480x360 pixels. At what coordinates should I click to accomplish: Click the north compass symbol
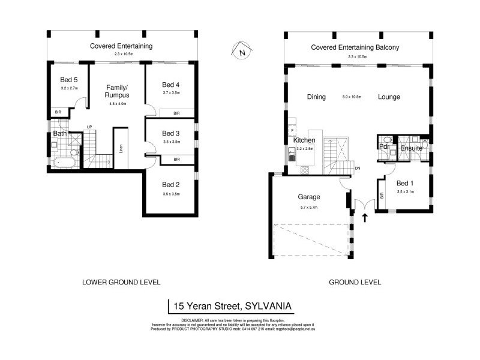point(241,52)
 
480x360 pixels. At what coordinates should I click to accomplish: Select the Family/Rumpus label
point(116,91)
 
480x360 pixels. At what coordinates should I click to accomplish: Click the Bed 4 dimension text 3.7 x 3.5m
point(171,94)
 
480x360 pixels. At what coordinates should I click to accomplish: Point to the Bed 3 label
point(171,133)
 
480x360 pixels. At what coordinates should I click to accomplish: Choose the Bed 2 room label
point(171,185)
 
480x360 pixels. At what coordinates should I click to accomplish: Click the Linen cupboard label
point(121,148)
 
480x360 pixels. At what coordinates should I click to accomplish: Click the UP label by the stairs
point(89,127)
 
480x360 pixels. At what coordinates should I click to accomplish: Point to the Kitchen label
point(304,140)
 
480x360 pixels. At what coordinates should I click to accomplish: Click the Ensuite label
point(411,148)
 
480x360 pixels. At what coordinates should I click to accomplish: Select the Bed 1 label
point(405,183)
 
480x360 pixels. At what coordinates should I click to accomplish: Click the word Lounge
point(389,97)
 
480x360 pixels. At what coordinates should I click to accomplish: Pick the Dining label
point(316,97)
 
